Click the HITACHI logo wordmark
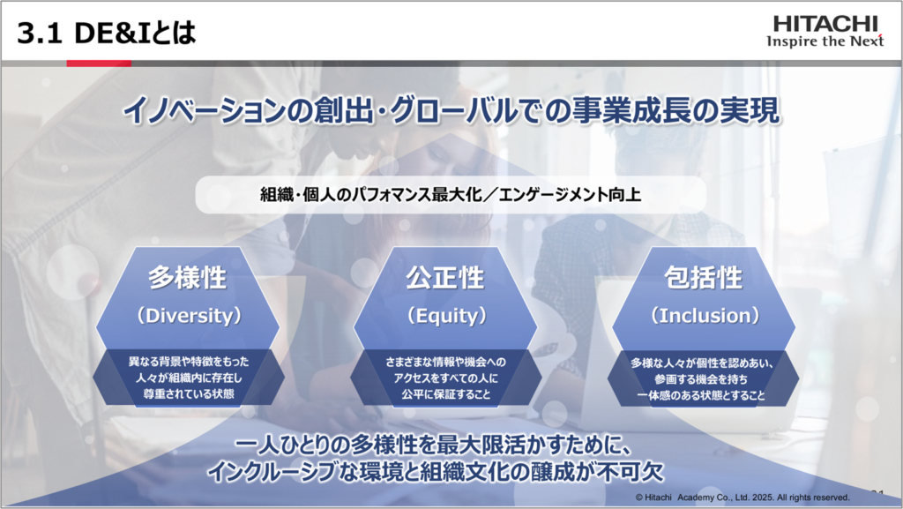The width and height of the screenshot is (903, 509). (825, 24)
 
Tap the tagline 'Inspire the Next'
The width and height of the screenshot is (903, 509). (825, 41)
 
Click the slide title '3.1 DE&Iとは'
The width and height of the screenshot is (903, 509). (107, 33)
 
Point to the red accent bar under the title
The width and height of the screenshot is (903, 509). (99, 64)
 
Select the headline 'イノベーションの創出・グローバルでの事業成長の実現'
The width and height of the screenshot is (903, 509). (451, 110)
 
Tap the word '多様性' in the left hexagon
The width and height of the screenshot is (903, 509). (188, 278)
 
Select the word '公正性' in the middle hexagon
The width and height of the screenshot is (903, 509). (445, 278)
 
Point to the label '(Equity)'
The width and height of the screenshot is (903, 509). (446, 316)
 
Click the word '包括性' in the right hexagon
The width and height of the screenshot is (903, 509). (703, 278)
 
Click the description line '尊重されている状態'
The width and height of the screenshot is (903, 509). (189, 394)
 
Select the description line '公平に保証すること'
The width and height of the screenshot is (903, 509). (446, 394)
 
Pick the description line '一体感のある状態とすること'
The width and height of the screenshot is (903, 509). (701, 395)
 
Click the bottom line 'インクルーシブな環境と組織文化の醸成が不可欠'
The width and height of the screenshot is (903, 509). (436, 472)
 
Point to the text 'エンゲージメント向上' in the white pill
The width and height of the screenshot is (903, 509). (570, 195)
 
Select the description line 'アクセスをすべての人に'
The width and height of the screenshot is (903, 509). (446, 378)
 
